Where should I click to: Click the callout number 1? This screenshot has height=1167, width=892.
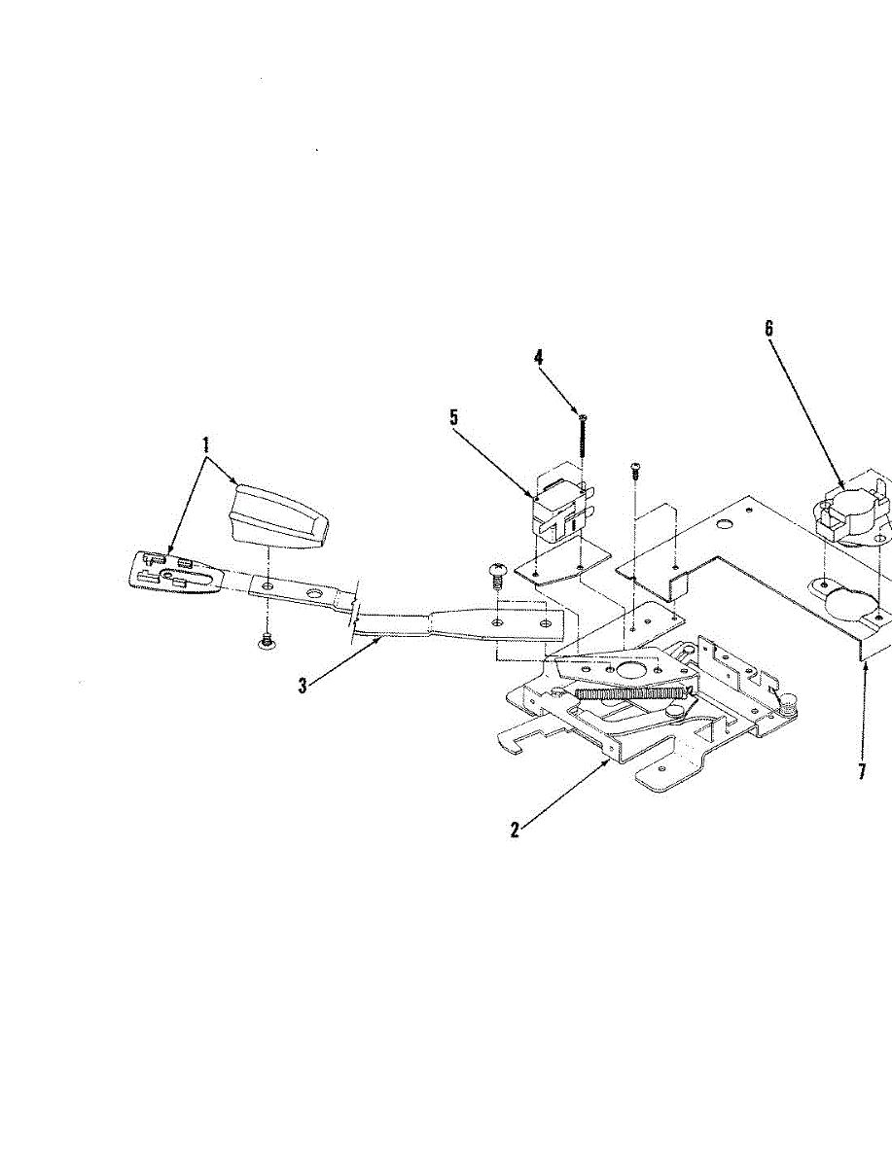click(x=205, y=445)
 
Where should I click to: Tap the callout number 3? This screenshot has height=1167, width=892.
click(x=303, y=685)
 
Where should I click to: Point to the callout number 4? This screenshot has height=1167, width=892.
click(x=538, y=357)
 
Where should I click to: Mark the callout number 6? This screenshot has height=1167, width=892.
click(x=768, y=328)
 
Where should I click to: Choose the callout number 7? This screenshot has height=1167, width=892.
click(x=861, y=772)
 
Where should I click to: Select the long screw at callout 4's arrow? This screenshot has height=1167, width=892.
click(x=582, y=435)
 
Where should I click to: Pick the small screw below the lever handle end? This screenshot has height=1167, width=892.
click(x=266, y=639)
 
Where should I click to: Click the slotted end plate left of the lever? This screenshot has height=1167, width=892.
click(x=175, y=570)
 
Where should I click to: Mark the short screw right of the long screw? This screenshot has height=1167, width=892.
click(x=634, y=471)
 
